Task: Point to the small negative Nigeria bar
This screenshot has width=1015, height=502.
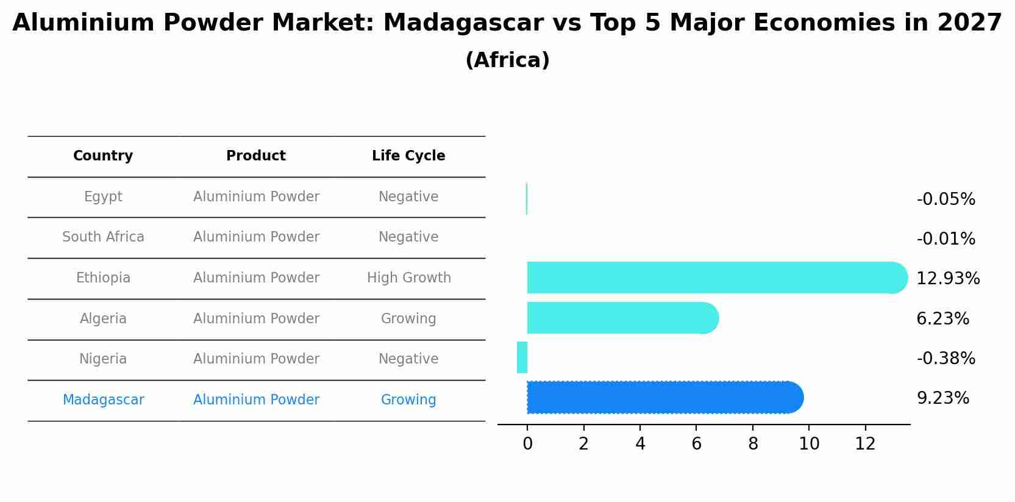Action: pyautogui.click(x=522, y=357)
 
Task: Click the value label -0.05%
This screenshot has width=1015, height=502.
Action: pyautogui.click(x=946, y=199)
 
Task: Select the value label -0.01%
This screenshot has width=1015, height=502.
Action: pyautogui.click(x=946, y=239)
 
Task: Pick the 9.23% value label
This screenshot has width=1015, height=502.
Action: pyautogui.click(x=942, y=398)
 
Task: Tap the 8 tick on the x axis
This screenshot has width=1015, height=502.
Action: pyautogui.click(x=753, y=444)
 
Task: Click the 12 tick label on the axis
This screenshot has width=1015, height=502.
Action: pyautogui.click(x=865, y=444)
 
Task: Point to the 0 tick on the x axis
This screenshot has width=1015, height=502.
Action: pyautogui.click(x=527, y=444)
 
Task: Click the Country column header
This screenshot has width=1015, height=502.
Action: pyautogui.click(x=103, y=156)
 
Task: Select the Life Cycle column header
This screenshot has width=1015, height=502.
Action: pyautogui.click(x=408, y=156)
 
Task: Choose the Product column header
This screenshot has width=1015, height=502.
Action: pyautogui.click(x=256, y=156)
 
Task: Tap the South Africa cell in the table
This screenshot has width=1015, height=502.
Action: pyautogui.click(x=103, y=237)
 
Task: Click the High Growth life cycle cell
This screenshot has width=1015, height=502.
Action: pyautogui.click(x=408, y=278)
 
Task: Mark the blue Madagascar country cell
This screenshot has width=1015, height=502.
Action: pyautogui.click(x=103, y=400)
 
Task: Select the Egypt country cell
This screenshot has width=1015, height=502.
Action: pyautogui.click(x=103, y=197)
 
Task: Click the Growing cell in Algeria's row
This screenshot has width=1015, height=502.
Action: pyautogui.click(x=408, y=319)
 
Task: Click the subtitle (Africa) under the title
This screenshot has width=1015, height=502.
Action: pyautogui.click(x=507, y=60)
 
